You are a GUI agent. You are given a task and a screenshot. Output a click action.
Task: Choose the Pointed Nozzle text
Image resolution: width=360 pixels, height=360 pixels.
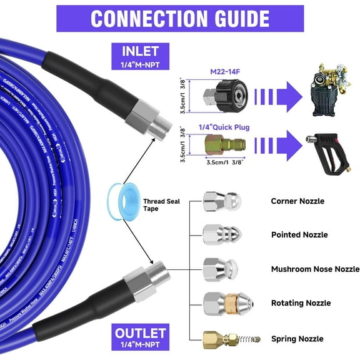coord(299,235)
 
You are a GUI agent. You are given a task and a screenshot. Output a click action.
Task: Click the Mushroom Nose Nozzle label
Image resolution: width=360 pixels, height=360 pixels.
coord(315,269)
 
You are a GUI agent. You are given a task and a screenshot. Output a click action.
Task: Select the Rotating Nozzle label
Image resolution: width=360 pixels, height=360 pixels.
coord(301,302)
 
